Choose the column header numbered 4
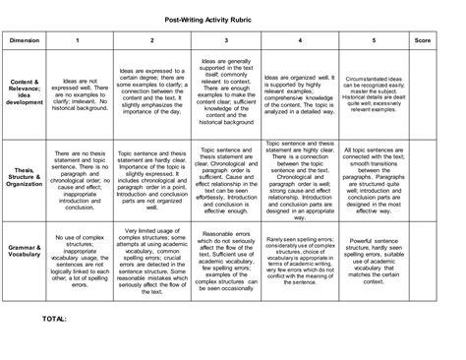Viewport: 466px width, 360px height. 300,40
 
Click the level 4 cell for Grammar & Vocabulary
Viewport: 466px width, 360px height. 300,265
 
